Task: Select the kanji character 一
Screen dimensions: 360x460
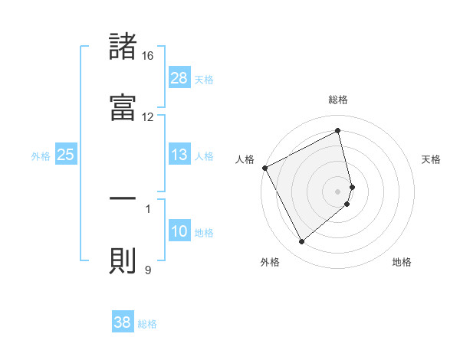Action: point(123,198)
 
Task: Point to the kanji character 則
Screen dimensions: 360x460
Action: point(123,260)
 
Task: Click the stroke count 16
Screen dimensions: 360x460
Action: point(148,56)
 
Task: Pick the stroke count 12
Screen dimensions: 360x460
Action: point(148,116)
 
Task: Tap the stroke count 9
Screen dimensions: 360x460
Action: point(148,269)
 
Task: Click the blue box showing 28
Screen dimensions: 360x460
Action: point(179,77)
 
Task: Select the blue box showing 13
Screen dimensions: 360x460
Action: point(179,155)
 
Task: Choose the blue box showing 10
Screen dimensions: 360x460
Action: point(179,231)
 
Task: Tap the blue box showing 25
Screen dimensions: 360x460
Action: point(66,155)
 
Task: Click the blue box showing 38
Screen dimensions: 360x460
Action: point(123,322)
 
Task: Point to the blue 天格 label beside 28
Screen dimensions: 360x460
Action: point(204,79)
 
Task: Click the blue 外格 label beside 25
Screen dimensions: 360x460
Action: point(41,156)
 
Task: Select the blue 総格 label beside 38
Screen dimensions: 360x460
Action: point(147,324)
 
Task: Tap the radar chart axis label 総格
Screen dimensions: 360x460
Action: point(338,100)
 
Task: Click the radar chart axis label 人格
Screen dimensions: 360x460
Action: point(245,159)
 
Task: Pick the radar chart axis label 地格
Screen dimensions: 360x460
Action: point(402,262)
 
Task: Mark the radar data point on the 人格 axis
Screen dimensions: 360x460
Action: point(264,168)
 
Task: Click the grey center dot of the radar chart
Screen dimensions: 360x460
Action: point(338,191)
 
